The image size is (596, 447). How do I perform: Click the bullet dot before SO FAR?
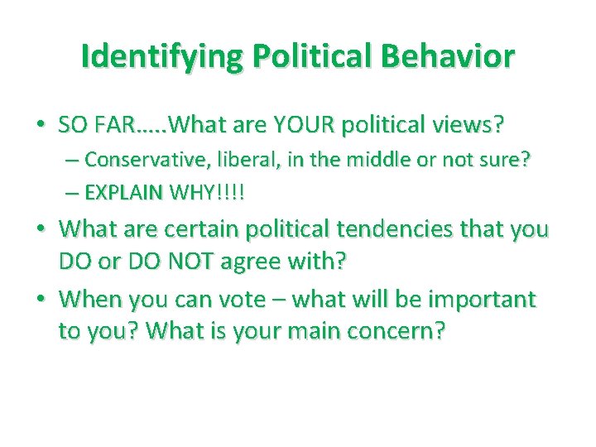[40, 125]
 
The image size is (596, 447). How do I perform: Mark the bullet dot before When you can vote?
[40, 297]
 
